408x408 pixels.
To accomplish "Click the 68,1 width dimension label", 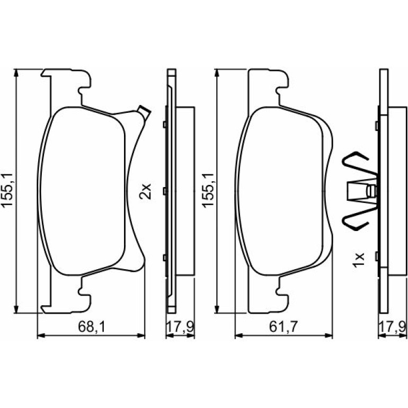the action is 92,327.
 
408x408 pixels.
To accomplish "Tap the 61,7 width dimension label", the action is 283,327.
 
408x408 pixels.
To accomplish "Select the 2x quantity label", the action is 145,191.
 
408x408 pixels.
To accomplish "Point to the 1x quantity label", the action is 358,260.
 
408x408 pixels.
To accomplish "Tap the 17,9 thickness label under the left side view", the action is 180,327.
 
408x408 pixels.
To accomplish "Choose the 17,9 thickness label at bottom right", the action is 393,327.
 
